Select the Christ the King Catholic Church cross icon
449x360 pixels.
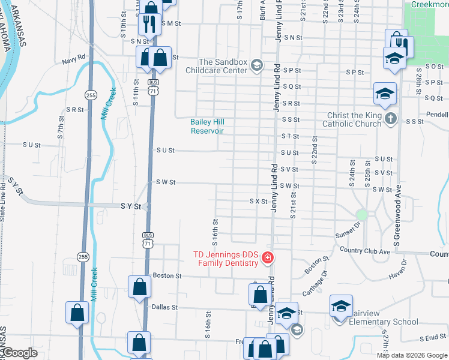[x=391, y=118]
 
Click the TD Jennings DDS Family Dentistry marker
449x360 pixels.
[x=267, y=259]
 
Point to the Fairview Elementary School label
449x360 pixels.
[x=381, y=322]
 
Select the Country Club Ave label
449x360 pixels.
[x=364, y=250]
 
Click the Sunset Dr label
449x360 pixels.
[x=348, y=229]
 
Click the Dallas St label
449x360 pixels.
[x=165, y=307]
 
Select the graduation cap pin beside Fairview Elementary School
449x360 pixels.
[x=340, y=307]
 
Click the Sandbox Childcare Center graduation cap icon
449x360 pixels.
[x=257, y=65]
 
